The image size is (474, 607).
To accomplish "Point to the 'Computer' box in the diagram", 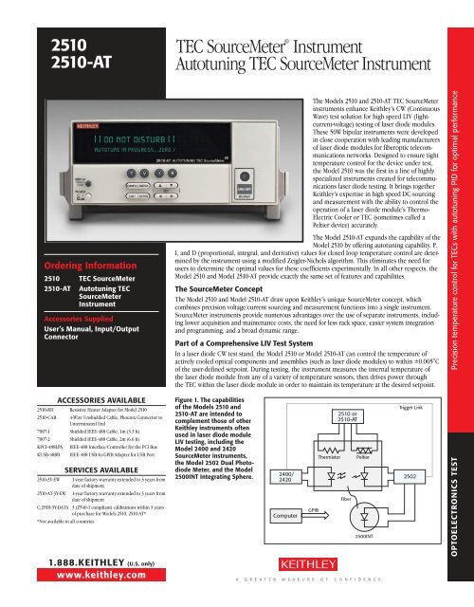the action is tap(313, 514).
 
